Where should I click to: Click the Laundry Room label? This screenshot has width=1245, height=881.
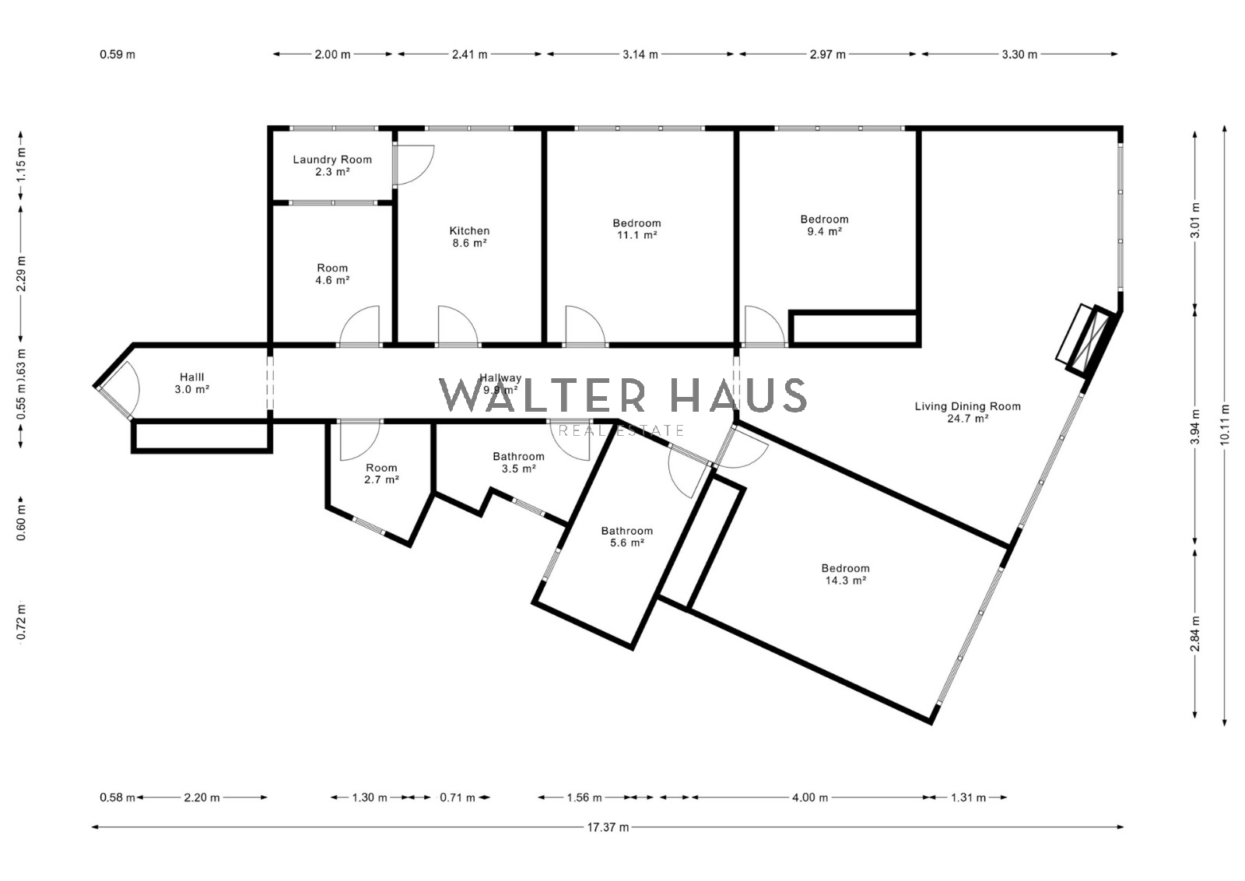tap(332, 166)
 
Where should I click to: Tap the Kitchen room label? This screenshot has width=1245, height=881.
tap(470, 237)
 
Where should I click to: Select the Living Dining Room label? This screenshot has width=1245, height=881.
tap(968, 412)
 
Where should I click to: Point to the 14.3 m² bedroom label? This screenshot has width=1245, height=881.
tap(845, 574)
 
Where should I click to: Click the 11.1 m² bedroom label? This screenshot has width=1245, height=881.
tap(637, 229)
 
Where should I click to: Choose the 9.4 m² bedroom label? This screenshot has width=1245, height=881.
tap(824, 225)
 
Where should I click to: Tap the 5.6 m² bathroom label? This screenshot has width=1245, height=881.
tap(627, 537)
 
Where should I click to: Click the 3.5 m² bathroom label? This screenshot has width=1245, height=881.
tap(518, 462)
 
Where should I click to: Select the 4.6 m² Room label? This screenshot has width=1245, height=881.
tap(332, 274)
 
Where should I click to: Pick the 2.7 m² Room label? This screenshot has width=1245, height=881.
tap(381, 473)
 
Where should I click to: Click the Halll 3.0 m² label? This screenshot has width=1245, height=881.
tap(191, 384)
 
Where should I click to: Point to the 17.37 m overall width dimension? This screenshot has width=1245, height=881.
tap(608, 827)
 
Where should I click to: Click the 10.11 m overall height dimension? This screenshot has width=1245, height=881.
tap(1225, 426)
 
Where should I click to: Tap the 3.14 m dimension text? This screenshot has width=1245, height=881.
tap(640, 54)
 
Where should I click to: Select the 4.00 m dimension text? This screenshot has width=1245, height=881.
tap(810, 798)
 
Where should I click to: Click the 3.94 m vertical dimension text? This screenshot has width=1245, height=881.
tap(1195, 426)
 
